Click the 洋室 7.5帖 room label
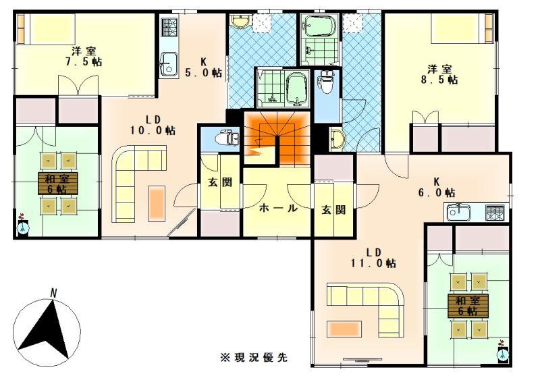coord(84,57)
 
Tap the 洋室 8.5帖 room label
coord(439,74)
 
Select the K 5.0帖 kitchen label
coord(203,67)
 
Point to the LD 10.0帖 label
coord(153,125)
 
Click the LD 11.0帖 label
coord(373,258)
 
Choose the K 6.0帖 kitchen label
coord(437,187)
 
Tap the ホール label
coord(278,208)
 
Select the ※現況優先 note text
coord(254,358)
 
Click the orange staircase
coord(277,138)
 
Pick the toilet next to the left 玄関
coord(227,138)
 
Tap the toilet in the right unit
coord(325,82)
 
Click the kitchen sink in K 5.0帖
coord(168,65)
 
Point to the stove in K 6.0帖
coord(495,212)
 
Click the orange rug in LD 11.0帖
coord(344,329)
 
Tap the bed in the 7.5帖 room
coord(47,29)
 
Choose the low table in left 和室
coord(58,184)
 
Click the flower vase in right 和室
coord(503,351)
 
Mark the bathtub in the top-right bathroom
coord(318,25)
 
